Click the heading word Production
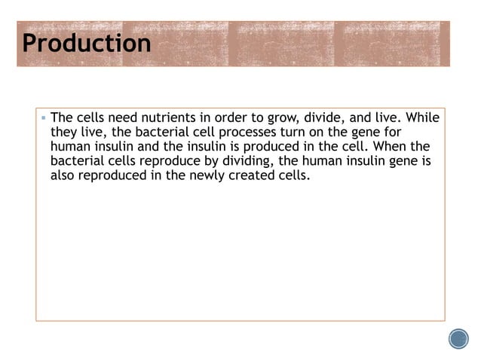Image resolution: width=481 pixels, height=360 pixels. (87, 43)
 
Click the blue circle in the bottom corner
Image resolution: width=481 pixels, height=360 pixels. (458, 339)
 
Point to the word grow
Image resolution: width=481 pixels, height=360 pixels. (259, 118)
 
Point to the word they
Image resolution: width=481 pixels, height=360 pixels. (64, 133)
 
